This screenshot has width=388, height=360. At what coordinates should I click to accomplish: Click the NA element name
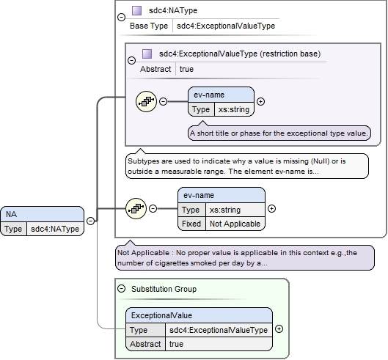point(12,214)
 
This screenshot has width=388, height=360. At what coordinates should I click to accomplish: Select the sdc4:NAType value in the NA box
point(55,229)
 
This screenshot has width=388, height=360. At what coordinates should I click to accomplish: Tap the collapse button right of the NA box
point(91,221)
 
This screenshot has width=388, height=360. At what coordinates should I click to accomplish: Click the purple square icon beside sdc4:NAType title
point(137,11)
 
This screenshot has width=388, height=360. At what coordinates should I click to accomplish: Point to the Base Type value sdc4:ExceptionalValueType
point(226,26)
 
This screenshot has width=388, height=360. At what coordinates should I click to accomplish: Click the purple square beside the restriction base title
point(147,54)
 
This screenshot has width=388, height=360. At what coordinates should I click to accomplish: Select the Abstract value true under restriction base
point(186,69)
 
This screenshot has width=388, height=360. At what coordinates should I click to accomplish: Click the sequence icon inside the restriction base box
point(146,101)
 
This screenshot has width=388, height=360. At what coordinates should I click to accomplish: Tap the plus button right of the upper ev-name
point(260,101)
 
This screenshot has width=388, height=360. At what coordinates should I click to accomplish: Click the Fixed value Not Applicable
point(235,224)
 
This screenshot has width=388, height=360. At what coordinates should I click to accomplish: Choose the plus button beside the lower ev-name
point(271,209)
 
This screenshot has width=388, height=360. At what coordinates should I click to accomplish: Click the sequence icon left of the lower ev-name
point(136,208)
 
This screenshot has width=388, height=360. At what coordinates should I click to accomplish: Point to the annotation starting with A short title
point(279,133)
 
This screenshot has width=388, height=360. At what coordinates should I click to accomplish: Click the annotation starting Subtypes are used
point(247,166)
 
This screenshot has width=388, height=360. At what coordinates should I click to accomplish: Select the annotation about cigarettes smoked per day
point(245,258)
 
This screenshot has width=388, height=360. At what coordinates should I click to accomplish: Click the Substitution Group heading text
point(164,289)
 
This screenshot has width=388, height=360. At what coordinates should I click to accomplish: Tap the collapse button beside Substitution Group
point(121,288)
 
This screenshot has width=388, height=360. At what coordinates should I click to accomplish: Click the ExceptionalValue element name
point(161,315)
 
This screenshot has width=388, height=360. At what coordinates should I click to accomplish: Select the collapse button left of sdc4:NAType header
point(121,18)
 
